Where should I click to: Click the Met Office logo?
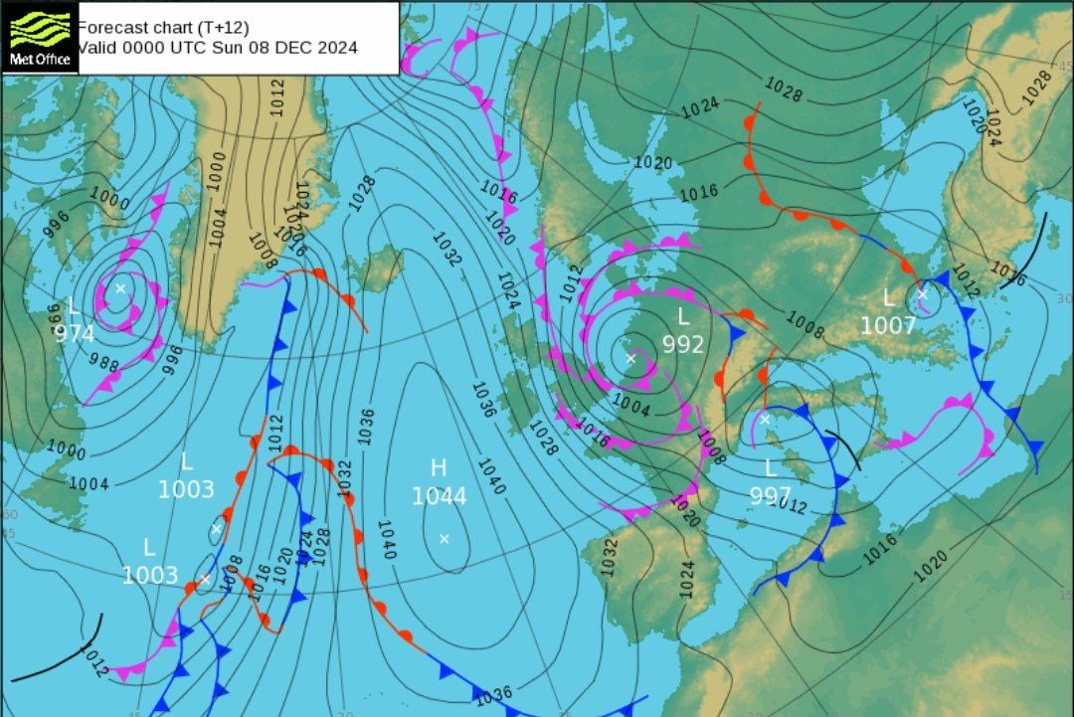pos(40,37)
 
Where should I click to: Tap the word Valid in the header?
pos(97,47)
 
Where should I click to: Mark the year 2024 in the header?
pos(335,47)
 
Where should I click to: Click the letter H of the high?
pos(439,468)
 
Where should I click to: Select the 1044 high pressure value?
pos(439,496)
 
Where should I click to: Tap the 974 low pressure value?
pos(75,334)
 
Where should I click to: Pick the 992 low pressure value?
pos(683,345)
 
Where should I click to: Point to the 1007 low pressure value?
pos(888,326)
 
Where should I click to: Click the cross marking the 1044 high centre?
pos(444,539)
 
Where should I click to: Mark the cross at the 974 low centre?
pos(119,288)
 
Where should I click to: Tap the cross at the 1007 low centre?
pos(922,294)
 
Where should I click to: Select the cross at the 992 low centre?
pos(630,356)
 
